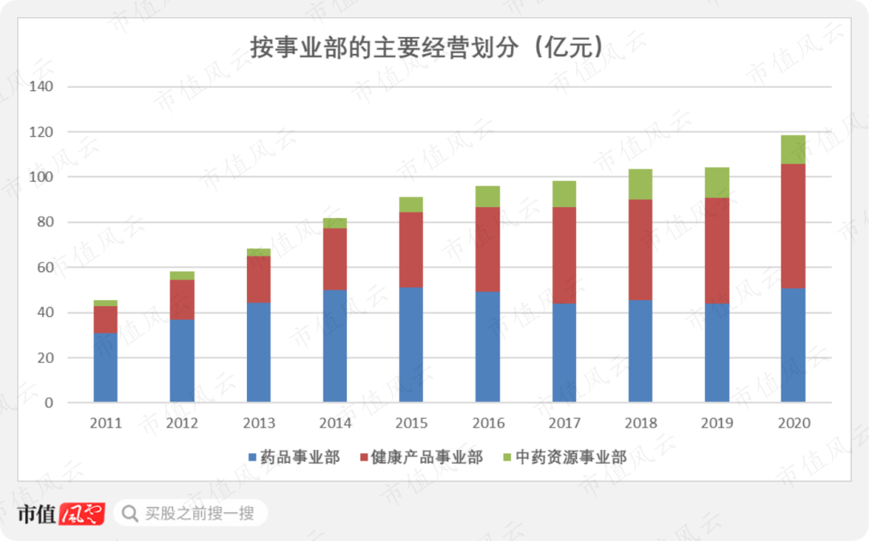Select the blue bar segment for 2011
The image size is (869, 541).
[x=105, y=367]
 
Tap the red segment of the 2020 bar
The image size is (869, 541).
[x=793, y=225]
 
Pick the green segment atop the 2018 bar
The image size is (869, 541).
[x=640, y=184]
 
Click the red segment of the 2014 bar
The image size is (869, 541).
[x=335, y=258]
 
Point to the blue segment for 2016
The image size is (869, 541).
[x=488, y=346]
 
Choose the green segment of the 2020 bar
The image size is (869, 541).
[x=793, y=150]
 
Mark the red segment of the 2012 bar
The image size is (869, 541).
[x=182, y=299]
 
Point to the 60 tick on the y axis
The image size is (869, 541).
[x=43, y=267]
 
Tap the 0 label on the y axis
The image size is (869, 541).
[x=48, y=403]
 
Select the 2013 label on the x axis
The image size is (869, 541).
[x=259, y=423]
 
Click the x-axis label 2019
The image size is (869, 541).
[x=717, y=423]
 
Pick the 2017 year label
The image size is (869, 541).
[x=564, y=423]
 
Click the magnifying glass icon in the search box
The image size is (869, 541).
[x=130, y=513]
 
